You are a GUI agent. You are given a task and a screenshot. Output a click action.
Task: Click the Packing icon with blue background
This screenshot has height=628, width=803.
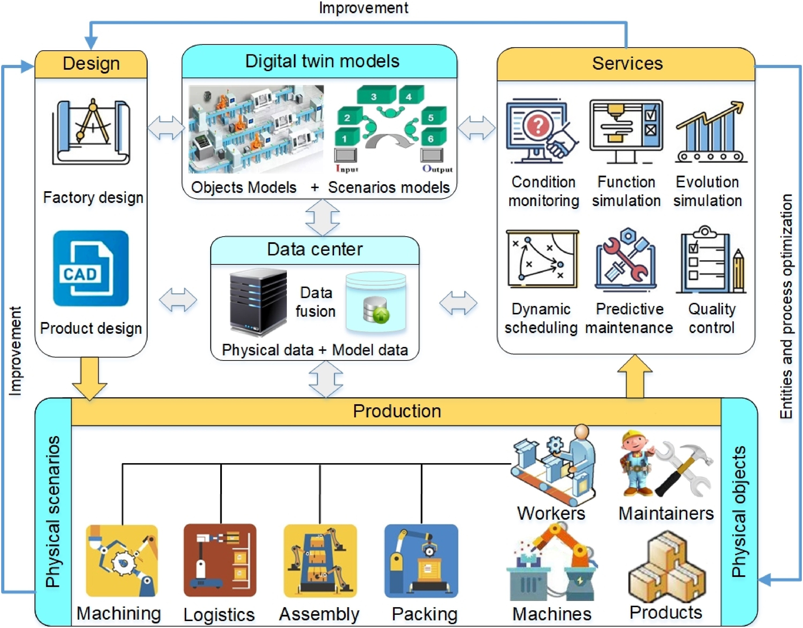point(421,561)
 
